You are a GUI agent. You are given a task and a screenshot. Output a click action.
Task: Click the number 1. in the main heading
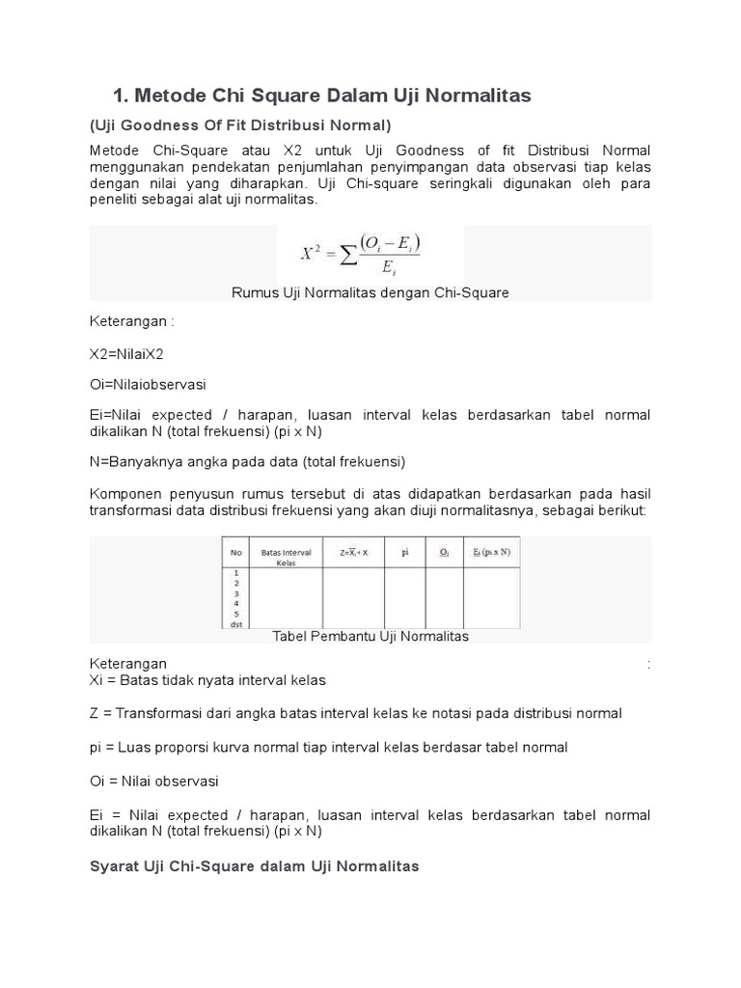click(122, 96)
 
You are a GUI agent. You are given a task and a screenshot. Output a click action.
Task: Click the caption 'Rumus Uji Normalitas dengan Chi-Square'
click(370, 292)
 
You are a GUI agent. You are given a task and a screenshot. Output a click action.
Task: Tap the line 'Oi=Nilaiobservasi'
click(148, 383)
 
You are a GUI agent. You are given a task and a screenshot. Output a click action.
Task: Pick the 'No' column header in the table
click(235, 553)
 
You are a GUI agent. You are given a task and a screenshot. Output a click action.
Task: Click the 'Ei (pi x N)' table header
click(491, 553)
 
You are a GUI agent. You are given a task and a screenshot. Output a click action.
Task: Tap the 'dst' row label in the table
click(235, 623)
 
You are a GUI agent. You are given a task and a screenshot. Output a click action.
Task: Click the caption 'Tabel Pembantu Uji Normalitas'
click(370, 637)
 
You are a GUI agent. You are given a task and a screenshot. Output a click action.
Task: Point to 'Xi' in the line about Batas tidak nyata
click(96, 680)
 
